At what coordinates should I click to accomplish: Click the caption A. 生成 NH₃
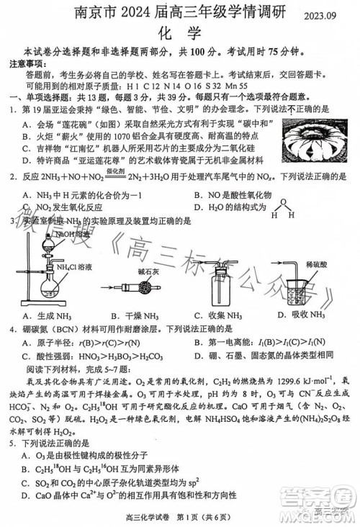point(47,315)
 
